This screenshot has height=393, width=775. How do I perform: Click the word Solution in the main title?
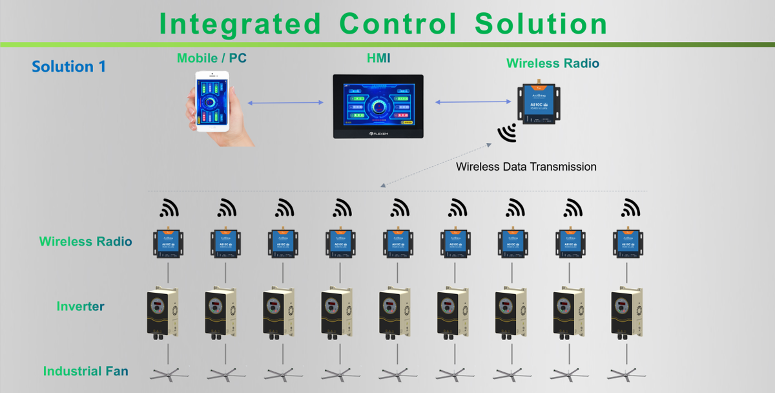[x=541, y=23]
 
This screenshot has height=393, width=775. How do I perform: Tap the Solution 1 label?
[x=68, y=67]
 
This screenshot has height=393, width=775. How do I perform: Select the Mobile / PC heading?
[x=212, y=58]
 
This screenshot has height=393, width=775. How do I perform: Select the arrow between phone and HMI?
[x=285, y=103]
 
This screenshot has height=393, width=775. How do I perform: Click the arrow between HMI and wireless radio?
[x=474, y=101]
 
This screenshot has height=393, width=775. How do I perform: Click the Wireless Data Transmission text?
[x=526, y=167]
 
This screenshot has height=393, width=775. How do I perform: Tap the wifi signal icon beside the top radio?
[x=506, y=133]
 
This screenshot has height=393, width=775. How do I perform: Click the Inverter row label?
[x=80, y=306]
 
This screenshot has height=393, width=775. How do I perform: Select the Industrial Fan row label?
[x=85, y=371]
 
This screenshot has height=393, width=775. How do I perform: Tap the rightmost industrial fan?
[x=626, y=374]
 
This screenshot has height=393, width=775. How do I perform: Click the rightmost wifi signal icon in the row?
[x=629, y=208]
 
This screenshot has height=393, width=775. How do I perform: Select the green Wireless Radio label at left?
[x=85, y=242]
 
